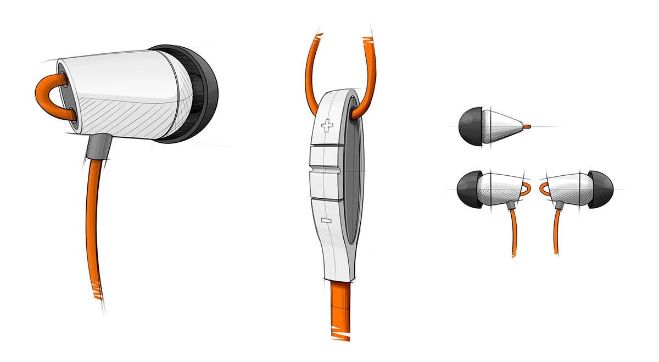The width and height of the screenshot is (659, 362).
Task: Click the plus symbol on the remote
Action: coord(328,126)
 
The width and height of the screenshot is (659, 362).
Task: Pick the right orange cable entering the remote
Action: coord(369,71)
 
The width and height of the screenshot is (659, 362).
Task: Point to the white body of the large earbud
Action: coord(121,88)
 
